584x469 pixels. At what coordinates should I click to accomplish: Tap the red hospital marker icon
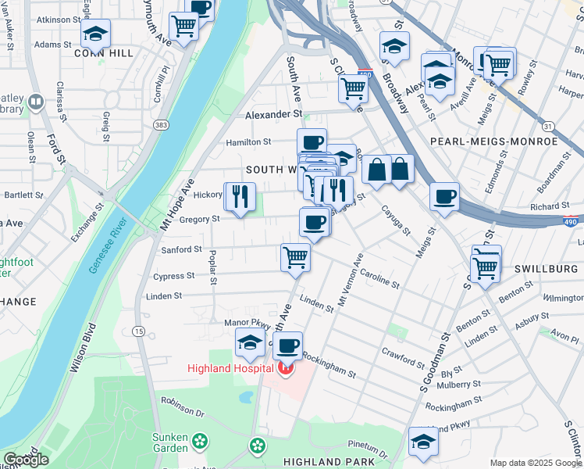286,367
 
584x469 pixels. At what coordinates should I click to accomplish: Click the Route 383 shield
161,125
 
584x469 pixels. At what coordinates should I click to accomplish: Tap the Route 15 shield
138,331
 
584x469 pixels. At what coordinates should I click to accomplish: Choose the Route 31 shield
548,126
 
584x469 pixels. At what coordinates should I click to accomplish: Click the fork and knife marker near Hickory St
240,196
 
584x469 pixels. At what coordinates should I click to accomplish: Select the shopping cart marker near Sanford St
295,256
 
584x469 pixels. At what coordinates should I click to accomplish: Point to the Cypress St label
173,276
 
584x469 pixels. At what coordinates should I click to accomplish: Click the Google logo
25,460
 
